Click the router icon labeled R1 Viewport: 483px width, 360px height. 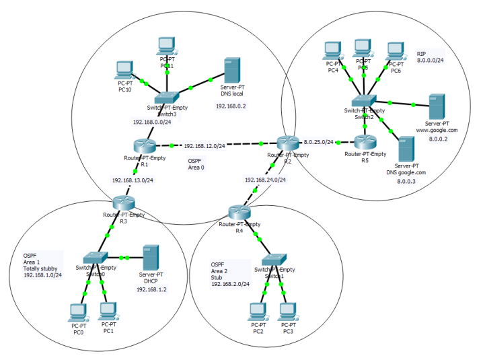[143, 146]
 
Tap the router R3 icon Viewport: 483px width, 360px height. [122, 202]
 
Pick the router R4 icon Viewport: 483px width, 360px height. [239, 212]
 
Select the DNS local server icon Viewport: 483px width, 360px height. [231, 70]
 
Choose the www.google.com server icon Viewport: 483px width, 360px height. [436, 106]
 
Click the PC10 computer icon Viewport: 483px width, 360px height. [124, 69]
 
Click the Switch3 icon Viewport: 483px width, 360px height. [165, 98]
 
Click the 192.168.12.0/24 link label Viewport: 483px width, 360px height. [205, 145]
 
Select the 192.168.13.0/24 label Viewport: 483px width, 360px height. [133, 180]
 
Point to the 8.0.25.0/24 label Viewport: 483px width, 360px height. [318, 142]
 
